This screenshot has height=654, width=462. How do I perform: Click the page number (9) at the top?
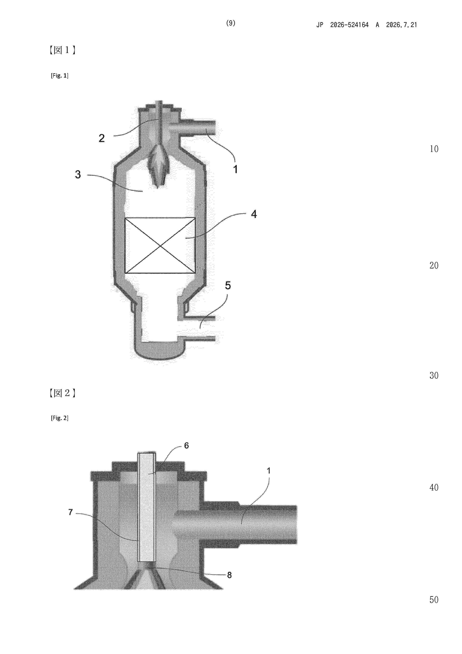[x=231, y=23]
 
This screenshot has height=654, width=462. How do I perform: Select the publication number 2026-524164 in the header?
[x=349, y=25]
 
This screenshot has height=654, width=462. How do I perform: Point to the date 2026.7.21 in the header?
[x=401, y=25]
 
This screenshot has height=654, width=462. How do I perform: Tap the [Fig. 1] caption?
[x=59, y=76]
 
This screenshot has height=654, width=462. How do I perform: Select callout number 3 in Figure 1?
[x=78, y=174]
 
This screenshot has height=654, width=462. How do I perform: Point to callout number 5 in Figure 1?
[x=228, y=285]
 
